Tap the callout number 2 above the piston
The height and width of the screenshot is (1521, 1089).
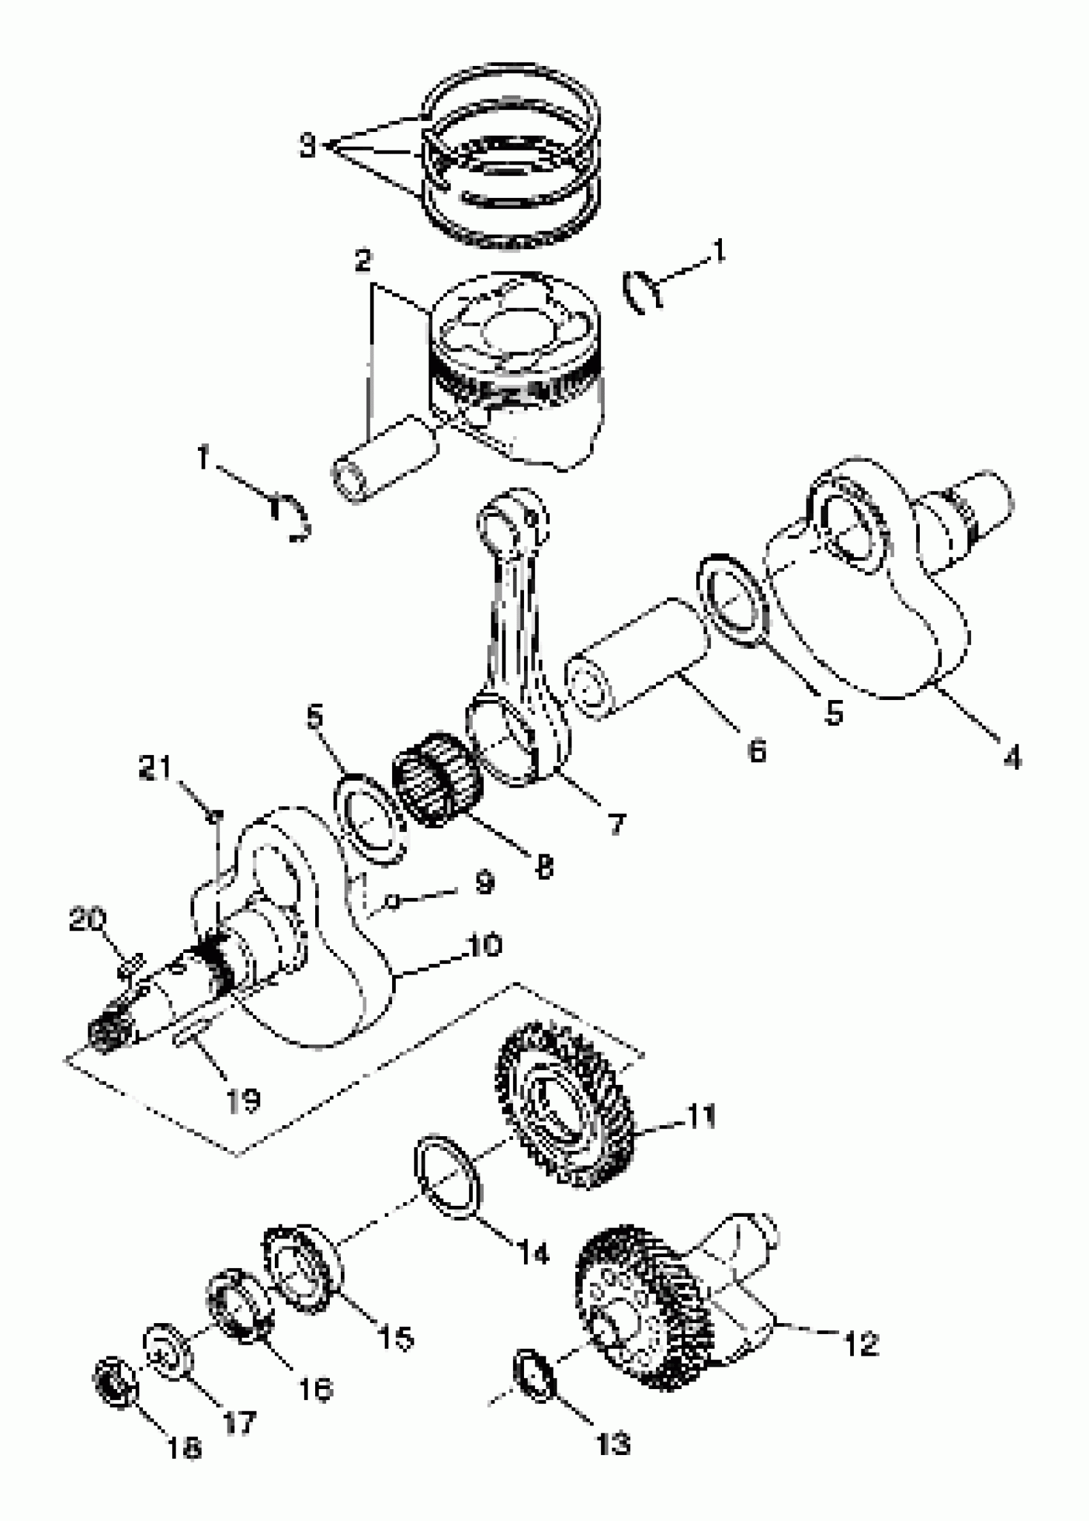pos(363,260)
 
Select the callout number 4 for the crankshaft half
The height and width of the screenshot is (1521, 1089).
pos(1012,758)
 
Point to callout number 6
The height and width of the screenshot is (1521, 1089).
pos(757,751)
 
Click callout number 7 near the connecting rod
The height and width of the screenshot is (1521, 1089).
pos(617,823)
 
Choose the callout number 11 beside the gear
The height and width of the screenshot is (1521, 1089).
pos(701,1116)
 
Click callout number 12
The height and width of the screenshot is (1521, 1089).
pos(860,1344)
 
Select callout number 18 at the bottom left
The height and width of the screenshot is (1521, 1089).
pos(184,1449)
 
